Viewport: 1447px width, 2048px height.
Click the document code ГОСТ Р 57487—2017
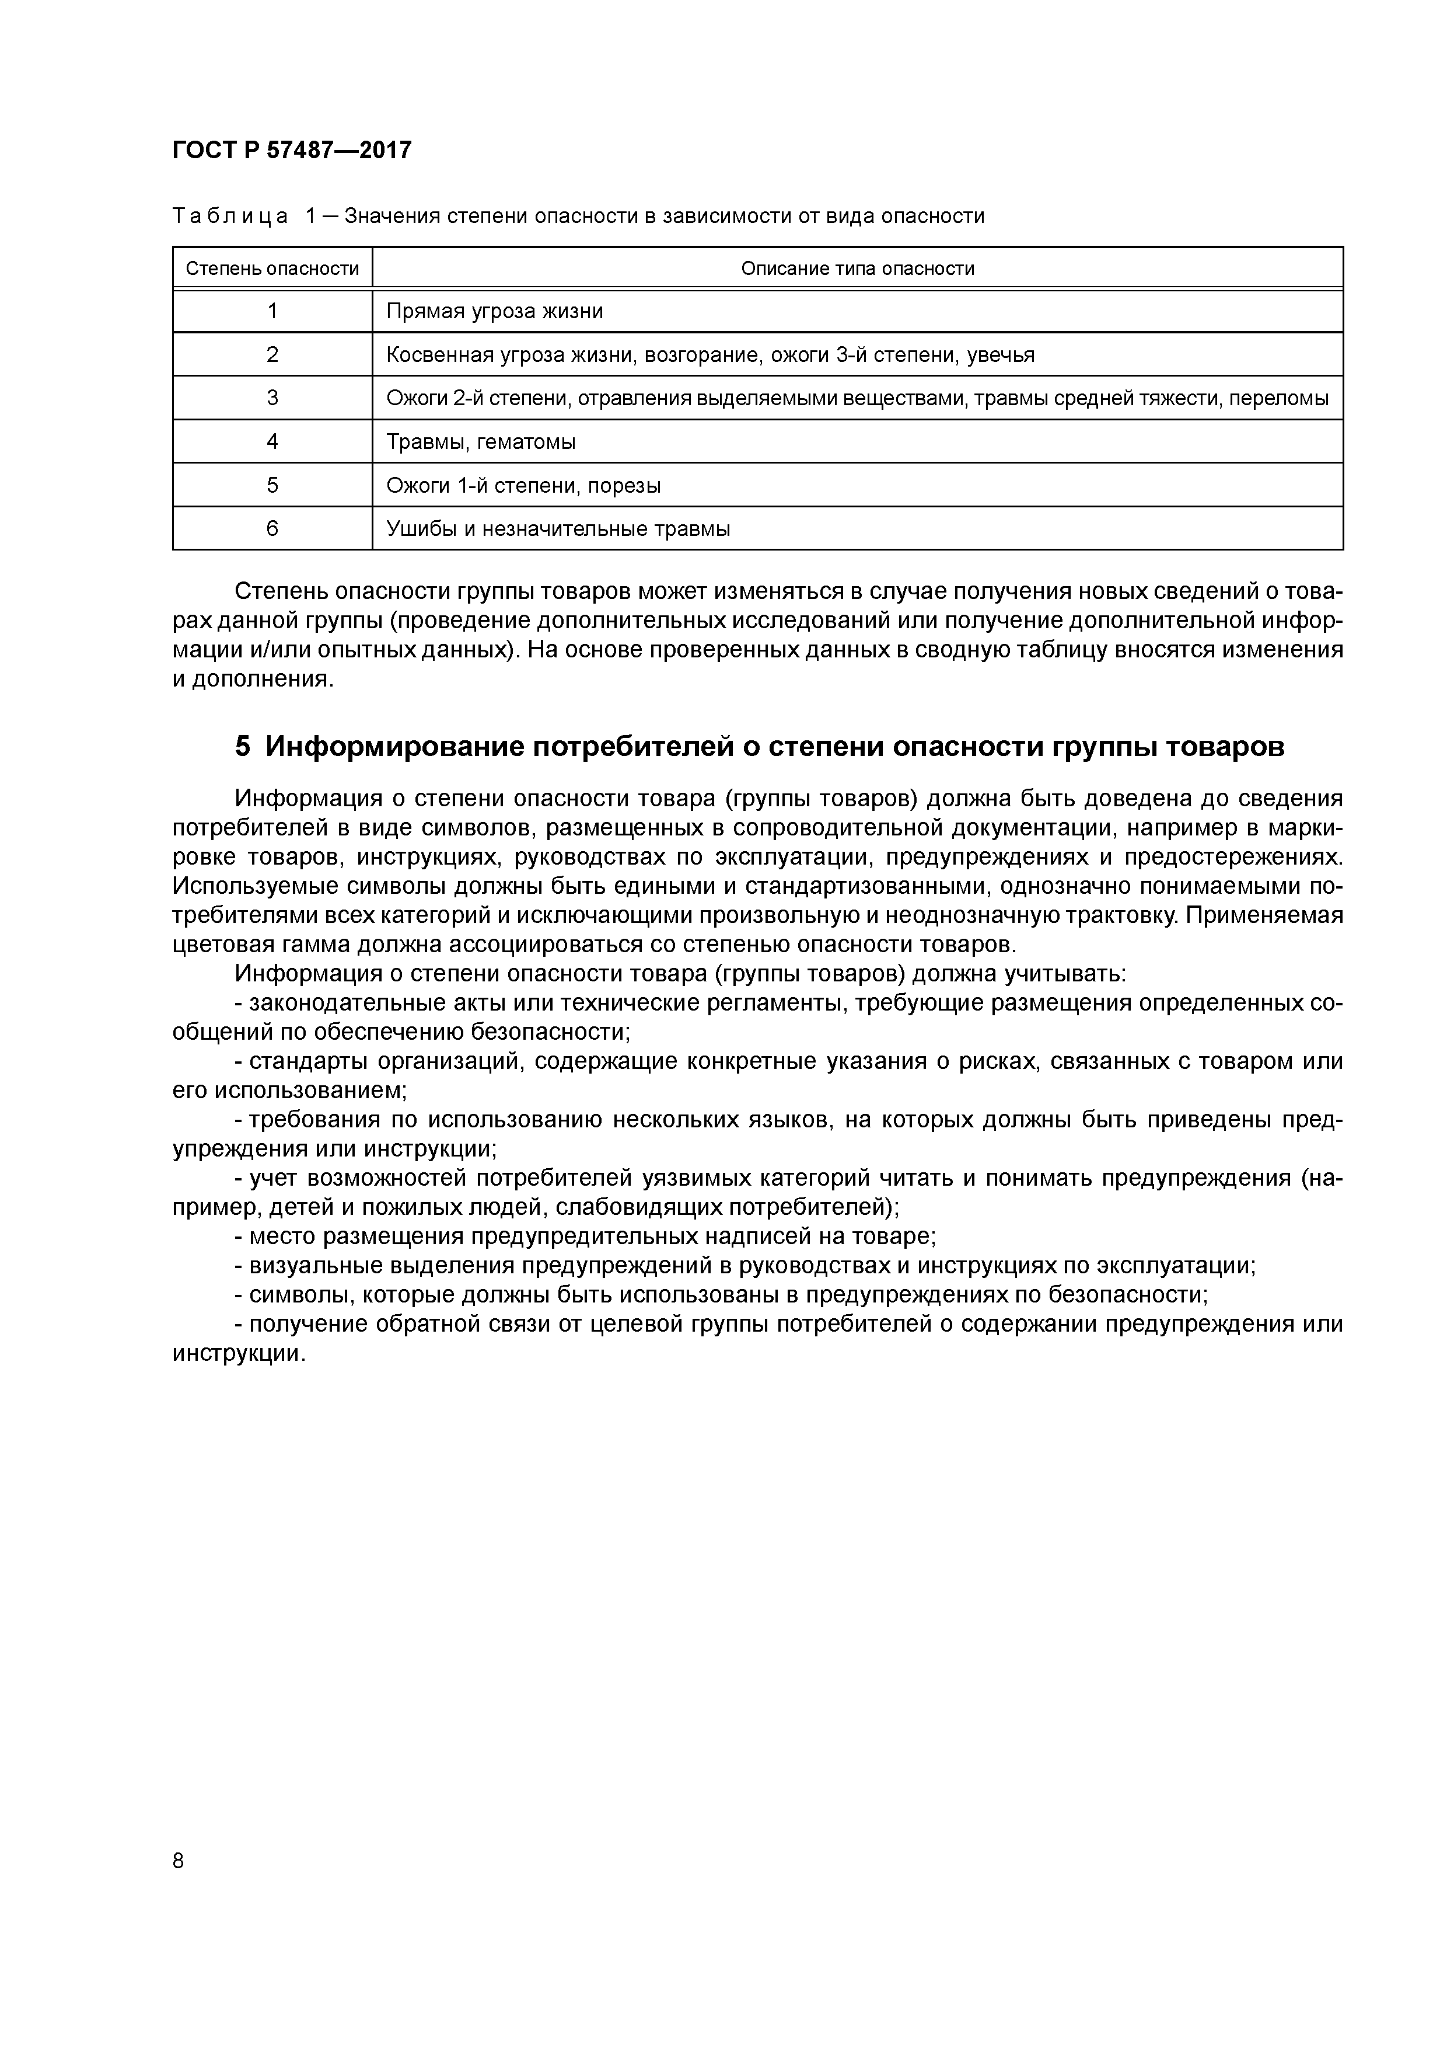pos(292,150)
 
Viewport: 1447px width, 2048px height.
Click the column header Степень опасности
pos(272,269)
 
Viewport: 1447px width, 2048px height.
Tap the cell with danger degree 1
pos(272,311)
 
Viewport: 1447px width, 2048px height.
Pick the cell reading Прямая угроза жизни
pos(494,311)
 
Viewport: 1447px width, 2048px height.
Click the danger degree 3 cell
pos(272,398)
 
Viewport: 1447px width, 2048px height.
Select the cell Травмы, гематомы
pos(481,441)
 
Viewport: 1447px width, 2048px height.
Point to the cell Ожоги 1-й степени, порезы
pos(523,485)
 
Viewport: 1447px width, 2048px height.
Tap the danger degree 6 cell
pos(272,529)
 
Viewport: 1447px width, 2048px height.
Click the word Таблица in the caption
pos(230,216)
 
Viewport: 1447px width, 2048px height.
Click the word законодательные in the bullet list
pos(351,1002)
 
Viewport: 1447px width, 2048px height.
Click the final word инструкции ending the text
pos(237,1353)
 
